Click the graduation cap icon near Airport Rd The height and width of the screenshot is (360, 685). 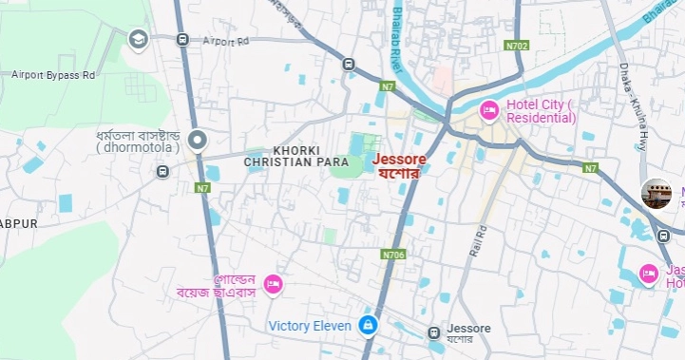[x=138, y=40]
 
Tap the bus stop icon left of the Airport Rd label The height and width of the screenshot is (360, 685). [x=181, y=40]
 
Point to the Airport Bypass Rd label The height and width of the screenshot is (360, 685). [x=54, y=74]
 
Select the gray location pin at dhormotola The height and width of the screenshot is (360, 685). [x=198, y=142]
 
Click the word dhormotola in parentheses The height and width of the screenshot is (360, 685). [x=139, y=148]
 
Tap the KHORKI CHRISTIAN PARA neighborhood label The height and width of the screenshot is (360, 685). [x=296, y=157]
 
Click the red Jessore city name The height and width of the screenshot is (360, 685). [x=399, y=159]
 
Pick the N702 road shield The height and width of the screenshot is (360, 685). [x=517, y=45]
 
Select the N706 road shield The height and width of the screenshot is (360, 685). [x=393, y=255]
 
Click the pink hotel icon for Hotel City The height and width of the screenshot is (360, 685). [x=489, y=110]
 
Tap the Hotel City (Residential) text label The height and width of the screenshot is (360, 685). [x=541, y=110]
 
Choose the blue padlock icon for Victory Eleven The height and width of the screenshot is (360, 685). [x=368, y=326]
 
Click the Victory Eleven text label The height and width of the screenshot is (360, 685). [x=310, y=326]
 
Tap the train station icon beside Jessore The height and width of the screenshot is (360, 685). [x=433, y=332]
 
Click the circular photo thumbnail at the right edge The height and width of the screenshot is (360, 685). [x=656, y=194]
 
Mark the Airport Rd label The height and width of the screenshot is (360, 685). [x=224, y=41]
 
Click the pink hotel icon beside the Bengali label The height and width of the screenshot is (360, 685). [x=273, y=283]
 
